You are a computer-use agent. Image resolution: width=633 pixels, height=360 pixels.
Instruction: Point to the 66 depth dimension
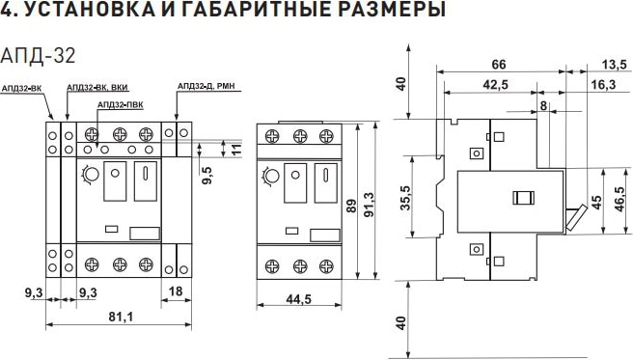(498, 64)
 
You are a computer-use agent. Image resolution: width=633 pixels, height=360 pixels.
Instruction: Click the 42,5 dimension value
(496, 86)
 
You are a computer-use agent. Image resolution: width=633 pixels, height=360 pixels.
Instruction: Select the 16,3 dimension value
(606, 86)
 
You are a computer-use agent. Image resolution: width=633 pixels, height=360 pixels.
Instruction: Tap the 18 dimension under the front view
(177, 289)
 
